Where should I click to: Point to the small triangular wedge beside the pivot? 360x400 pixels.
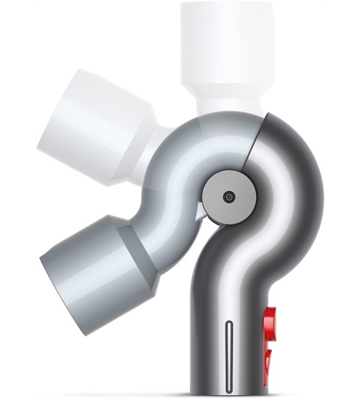point(201,212)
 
